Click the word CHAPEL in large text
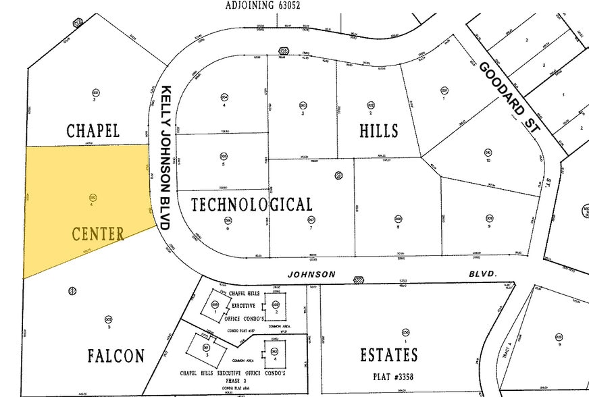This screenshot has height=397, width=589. (93, 130)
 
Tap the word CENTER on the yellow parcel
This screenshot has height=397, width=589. (98, 234)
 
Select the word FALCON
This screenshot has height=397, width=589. (116, 356)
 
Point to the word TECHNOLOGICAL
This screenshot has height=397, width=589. (251, 205)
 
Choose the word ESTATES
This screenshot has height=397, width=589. (388, 354)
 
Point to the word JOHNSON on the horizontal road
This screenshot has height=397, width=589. (311, 274)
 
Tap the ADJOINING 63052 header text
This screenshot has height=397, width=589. (263, 5)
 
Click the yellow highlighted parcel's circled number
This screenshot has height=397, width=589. (92, 198)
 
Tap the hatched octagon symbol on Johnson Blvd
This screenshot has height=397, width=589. (359, 278)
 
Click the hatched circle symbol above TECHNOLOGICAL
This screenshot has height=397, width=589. (338, 176)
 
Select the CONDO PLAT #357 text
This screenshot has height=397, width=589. (240, 330)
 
